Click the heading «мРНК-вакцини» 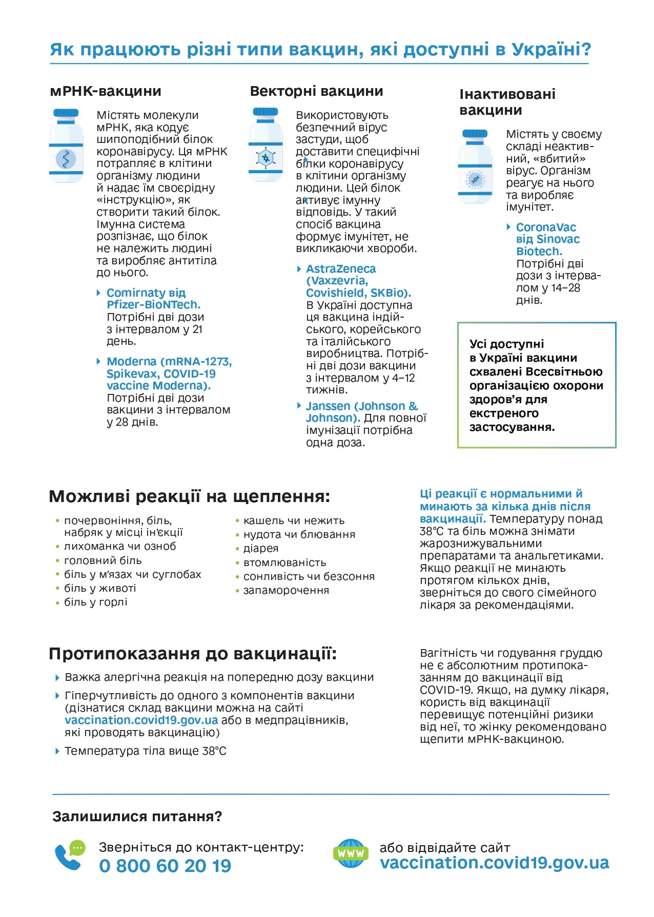[106, 91]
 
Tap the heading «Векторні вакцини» [316, 91]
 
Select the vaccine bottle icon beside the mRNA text [66, 145]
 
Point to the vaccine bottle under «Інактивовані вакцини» [475, 166]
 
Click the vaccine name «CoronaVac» [546, 227]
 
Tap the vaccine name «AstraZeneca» [341, 269]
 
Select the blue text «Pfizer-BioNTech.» [154, 305]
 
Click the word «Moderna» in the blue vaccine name [131, 362]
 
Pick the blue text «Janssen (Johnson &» [362, 406]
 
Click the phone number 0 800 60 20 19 [165, 866]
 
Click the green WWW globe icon [351, 853]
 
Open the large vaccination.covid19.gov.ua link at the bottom [495, 863]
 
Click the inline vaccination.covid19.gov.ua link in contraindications [141, 720]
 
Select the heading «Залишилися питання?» [137, 817]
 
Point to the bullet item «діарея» [261, 549]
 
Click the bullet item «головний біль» [103, 560]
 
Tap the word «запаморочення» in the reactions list [286, 590]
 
